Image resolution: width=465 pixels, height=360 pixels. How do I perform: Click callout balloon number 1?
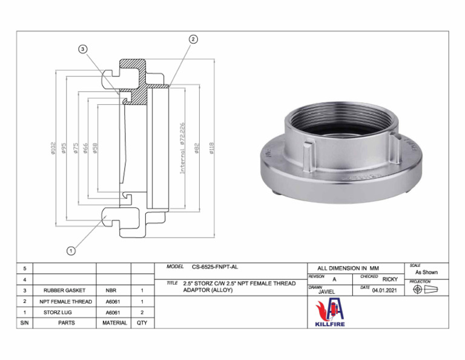[71, 250]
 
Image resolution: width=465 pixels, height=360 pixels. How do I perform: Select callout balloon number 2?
[193, 39]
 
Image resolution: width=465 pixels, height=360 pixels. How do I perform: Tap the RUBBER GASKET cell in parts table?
[64, 290]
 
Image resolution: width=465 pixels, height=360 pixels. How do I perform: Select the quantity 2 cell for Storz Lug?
[142, 312]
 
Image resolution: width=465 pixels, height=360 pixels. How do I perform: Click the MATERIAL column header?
[114, 323]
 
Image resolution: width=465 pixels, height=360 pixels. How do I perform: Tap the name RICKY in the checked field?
[390, 279]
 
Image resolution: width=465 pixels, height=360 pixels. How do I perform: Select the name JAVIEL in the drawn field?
[326, 292]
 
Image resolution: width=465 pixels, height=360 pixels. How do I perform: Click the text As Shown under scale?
[426, 272]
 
